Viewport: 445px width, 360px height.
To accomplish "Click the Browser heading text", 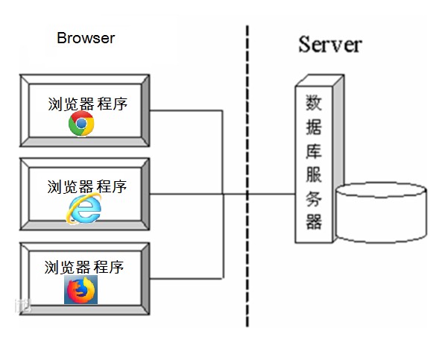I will [86, 38].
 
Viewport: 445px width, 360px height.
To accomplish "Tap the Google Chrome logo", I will [81, 124].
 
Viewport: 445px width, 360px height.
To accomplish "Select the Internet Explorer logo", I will [83, 209].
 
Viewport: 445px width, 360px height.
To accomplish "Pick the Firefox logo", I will [81, 289].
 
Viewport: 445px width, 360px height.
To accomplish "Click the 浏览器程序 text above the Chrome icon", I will [86, 104].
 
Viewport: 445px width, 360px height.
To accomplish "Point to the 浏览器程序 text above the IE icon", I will [86, 186].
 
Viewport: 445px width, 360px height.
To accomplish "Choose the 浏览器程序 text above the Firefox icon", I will [83, 266].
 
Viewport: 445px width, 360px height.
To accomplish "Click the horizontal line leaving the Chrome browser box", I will [186, 111].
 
